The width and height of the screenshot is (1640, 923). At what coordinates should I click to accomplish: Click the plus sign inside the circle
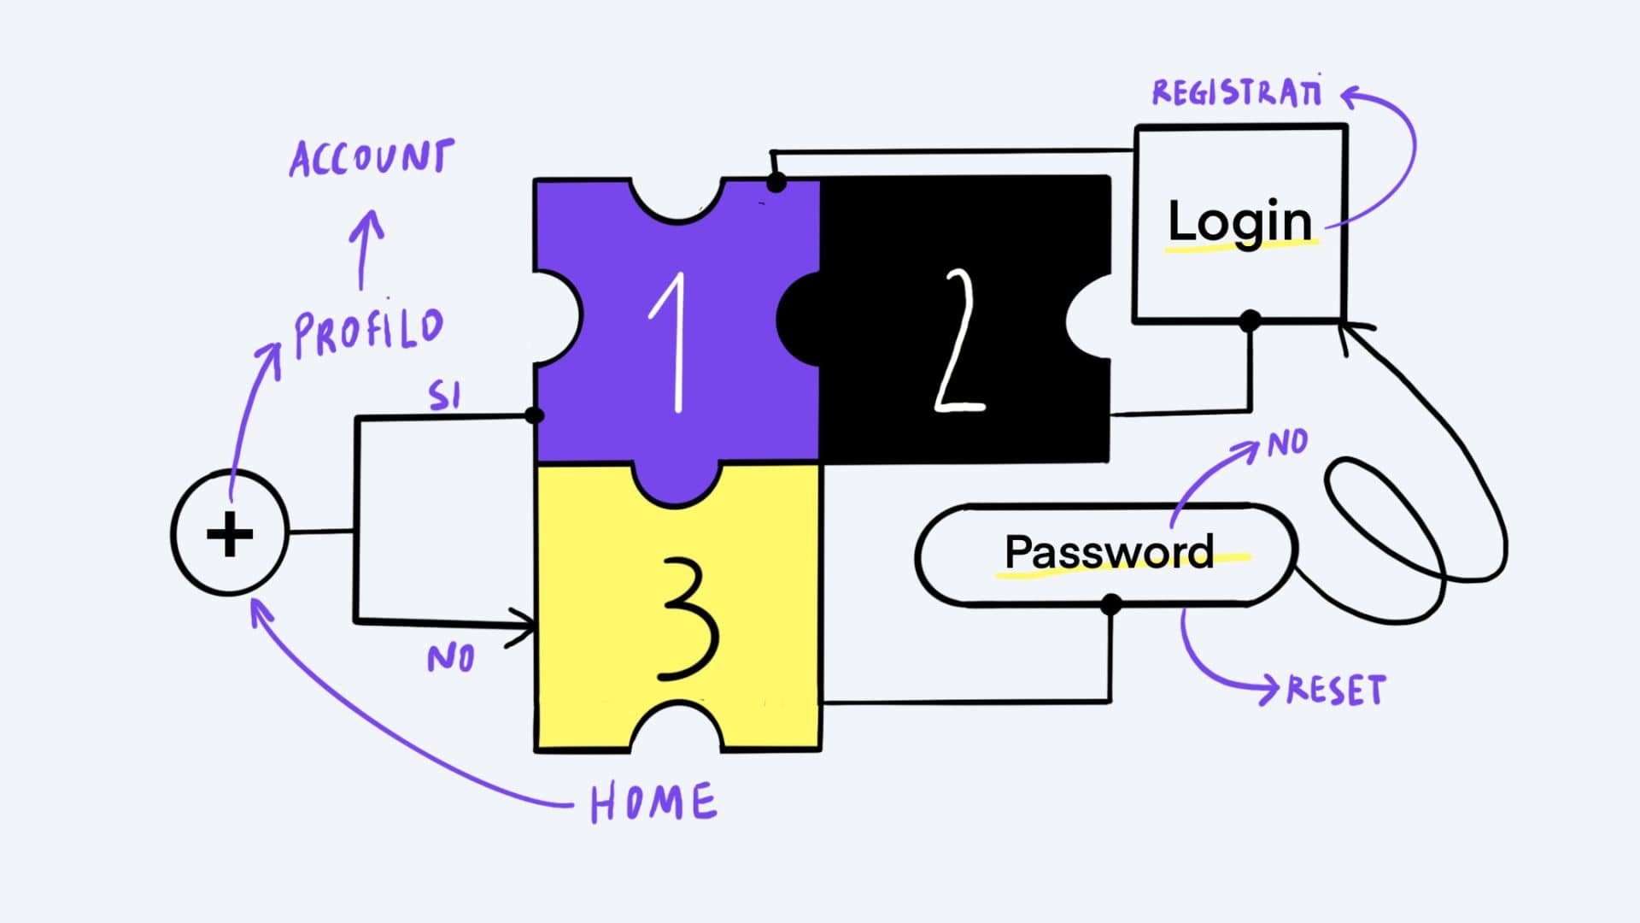230,535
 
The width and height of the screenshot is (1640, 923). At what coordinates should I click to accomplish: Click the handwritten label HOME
653,802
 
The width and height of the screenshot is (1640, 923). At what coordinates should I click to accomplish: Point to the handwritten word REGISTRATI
1237,92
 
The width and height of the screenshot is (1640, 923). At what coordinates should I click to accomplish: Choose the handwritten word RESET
1336,691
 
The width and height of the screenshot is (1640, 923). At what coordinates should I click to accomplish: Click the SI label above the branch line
444,396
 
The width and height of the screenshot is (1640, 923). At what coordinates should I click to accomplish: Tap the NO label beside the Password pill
1287,444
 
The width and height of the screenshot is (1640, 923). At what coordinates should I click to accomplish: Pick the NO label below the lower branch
450,658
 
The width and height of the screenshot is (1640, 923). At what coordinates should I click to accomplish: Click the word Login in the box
1239,221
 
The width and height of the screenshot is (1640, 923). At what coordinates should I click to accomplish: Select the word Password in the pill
1109,552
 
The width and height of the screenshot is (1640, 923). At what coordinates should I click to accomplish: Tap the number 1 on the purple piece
673,343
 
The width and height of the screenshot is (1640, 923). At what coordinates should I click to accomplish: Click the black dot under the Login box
1250,321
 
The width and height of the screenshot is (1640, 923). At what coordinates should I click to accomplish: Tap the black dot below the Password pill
1110,605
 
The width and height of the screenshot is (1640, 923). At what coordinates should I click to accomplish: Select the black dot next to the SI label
534,416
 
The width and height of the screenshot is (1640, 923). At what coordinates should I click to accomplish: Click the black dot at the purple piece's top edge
776,182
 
